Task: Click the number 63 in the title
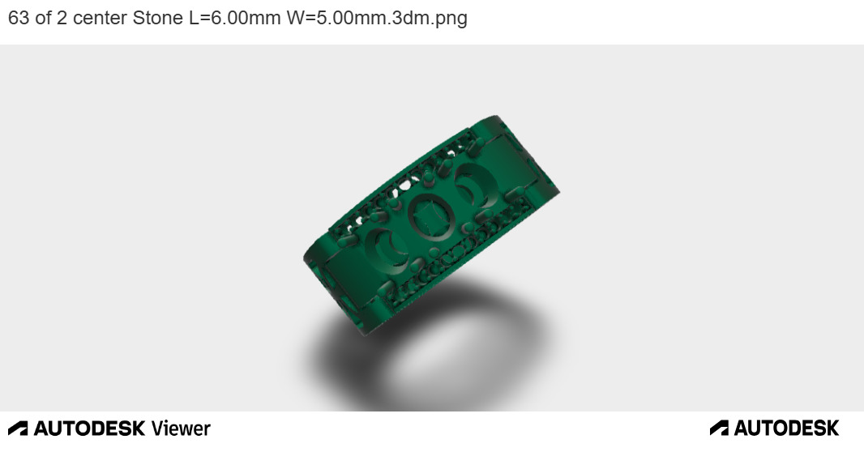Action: (18, 18)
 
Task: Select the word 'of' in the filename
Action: (43, 18)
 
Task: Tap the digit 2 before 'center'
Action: (62, 18)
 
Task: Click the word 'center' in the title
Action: (100, 18)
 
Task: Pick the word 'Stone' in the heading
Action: (157, 18)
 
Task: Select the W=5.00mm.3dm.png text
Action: (377, 18)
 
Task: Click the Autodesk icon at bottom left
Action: (18, 429)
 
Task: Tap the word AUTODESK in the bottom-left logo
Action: (89, 429)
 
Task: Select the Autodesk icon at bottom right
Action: (719, 428)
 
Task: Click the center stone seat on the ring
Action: (426, 216)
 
